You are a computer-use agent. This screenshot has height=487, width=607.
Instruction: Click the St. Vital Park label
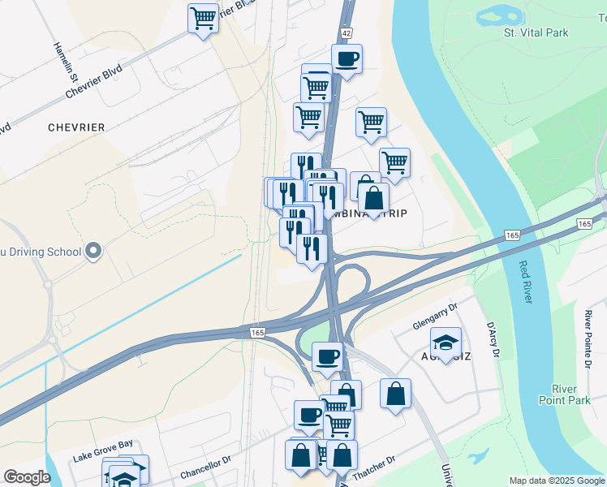point(536,32)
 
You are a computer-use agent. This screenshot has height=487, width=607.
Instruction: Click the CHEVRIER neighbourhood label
point(76,127)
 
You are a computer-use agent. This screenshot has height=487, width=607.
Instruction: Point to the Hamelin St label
point(64,64)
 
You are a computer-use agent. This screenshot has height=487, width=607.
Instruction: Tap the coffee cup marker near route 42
point(347,59)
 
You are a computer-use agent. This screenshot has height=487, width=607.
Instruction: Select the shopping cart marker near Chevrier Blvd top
point(203,18)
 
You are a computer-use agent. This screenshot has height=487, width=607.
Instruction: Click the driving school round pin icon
point(93,251)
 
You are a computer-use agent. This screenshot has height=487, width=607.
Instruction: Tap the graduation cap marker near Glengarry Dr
point(446,343)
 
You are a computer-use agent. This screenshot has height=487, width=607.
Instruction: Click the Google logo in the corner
point(27,477)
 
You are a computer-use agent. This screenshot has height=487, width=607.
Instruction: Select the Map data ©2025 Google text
point(557,481)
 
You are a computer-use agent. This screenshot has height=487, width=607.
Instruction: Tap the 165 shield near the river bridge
point(584,223)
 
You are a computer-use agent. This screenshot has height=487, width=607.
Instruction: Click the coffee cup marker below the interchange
point(328,356)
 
